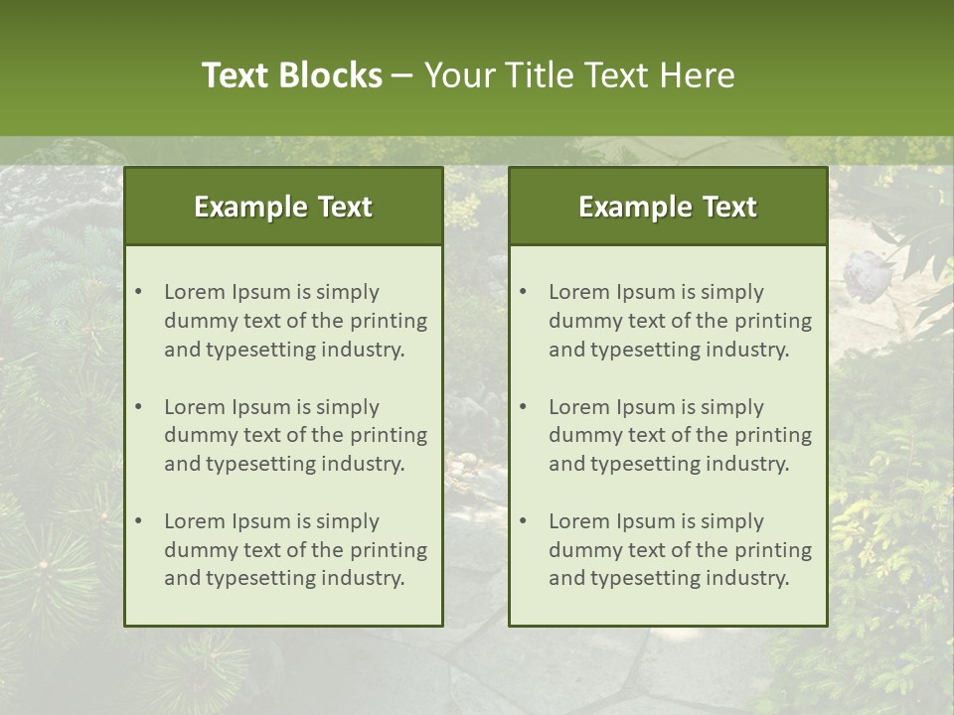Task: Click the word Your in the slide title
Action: click(x=457, y=75)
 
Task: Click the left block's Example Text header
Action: click(x=283, y=207)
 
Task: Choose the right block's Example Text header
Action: click(x=668, y=207)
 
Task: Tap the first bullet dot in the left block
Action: click(x=139, y=292)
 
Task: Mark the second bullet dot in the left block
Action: click(x=139, y=407)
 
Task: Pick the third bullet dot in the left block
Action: click(x=139, y=521)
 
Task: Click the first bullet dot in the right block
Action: click(x=524, y=292)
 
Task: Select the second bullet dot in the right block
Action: click(x=524, y=407)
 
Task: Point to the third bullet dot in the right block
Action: click(x=524, y=521)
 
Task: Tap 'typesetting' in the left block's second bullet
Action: click(x=260, y=464)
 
